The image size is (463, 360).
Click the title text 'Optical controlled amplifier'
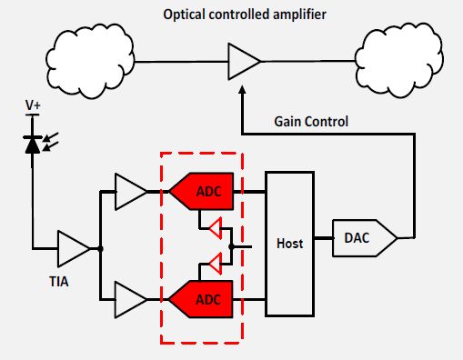245,15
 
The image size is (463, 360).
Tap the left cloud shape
90,61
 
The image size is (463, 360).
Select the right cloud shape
399,60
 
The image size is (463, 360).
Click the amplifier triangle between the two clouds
244,62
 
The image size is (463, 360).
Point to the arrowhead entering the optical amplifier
242,89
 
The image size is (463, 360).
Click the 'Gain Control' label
311,122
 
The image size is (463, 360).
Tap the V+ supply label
33,105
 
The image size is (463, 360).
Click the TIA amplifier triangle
74,249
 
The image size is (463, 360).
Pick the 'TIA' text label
59,282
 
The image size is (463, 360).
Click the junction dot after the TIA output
100,249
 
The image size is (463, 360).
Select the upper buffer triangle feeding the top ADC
131,192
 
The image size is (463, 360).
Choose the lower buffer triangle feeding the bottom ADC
130,300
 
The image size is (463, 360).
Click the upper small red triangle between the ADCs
216,228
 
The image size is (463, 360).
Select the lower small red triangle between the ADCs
216,264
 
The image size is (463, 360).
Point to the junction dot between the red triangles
231,246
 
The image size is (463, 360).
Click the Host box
289,244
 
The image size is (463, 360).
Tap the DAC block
365,238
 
